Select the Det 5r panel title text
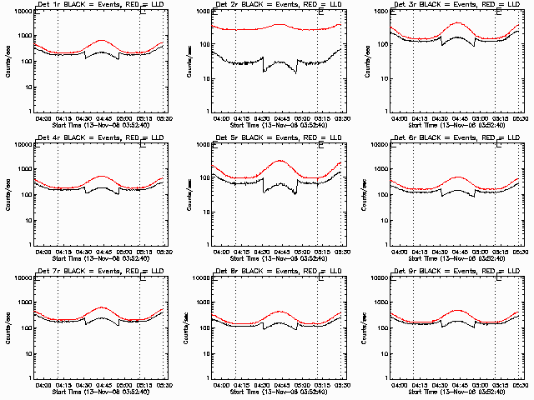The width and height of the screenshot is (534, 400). (277, 137)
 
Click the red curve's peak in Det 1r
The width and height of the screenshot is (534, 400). (102, 40)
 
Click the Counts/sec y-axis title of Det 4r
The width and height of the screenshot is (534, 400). (7, 193)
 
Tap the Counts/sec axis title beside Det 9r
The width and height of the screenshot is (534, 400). (362, 327)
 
